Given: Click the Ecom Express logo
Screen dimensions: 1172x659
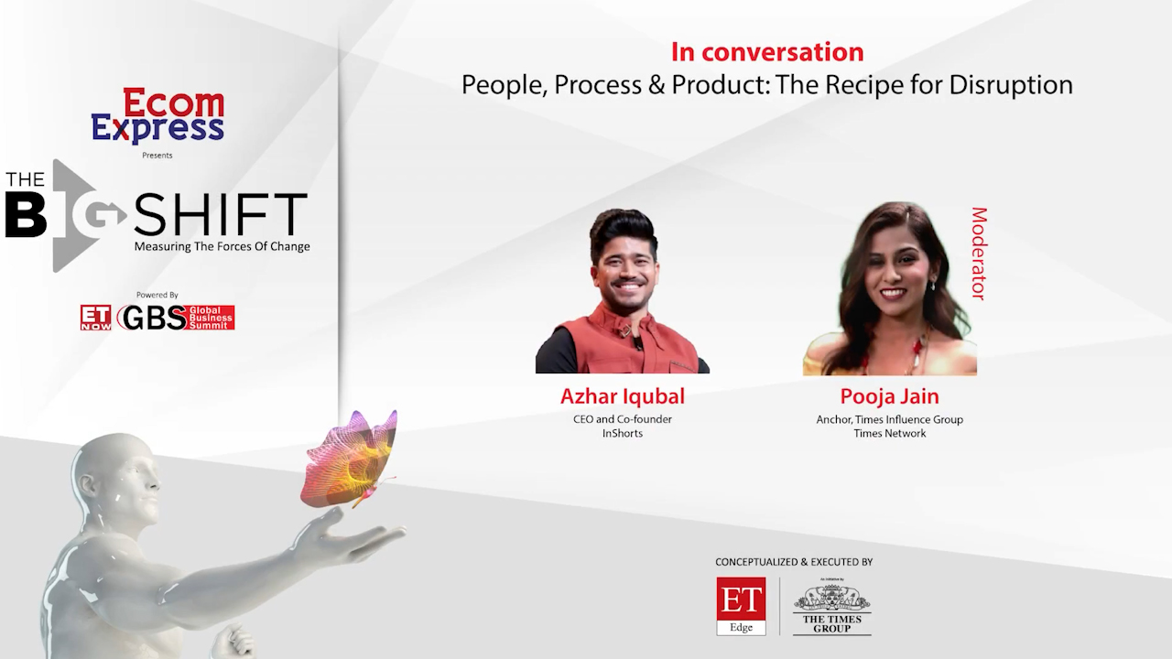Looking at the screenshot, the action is (157, 115).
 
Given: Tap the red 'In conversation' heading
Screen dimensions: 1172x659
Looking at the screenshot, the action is (767, 52).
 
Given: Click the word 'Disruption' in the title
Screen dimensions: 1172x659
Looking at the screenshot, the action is (1010, 85).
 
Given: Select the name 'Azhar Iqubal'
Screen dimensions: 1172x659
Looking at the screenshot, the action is (622, 396).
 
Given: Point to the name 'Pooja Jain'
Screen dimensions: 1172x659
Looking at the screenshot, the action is (889, 396).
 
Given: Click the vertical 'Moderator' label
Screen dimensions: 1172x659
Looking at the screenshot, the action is (979, 254).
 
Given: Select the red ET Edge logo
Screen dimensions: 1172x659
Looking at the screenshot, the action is (741, 606).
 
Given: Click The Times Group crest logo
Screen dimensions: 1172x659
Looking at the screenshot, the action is (832, 607).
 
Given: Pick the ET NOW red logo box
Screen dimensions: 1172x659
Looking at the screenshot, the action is (96, 318).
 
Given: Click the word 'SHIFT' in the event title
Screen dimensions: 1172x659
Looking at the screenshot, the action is (221, 214).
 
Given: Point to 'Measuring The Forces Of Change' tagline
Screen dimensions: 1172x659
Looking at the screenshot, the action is (222, 246).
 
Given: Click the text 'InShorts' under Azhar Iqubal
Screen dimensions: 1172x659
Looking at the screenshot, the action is (622, 433).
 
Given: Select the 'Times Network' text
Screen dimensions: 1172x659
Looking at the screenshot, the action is (889, 433).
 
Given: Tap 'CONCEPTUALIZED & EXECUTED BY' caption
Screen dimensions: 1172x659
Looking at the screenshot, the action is (794, 562).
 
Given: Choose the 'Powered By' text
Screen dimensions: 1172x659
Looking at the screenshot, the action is (157, 295).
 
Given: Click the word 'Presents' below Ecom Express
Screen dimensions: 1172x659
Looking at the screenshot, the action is (157, 156).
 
